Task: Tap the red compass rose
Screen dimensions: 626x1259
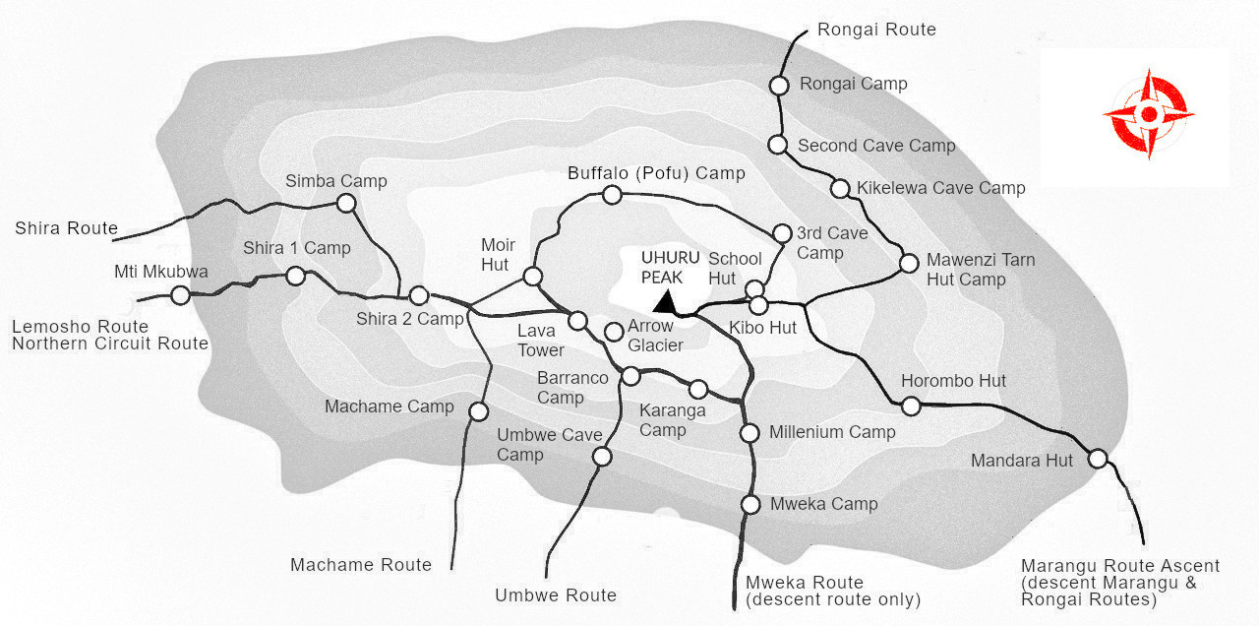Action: pyautogui.click(x=1148, y=115)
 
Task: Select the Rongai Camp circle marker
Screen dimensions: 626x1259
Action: pyautogui.click(x=779, y=86)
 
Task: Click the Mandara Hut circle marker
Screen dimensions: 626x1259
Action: pyautogui.click(x=1098, y=458)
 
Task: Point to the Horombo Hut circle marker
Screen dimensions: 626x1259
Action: pyautogui.click(x=911, y=406)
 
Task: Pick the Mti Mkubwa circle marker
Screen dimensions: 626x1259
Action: pyautogui.click(x=180, y=294)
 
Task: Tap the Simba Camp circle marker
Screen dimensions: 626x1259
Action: pyautogui.click(x=345, y=203)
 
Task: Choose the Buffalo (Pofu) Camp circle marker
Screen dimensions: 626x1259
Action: pyautogui.click(x=612, y=195)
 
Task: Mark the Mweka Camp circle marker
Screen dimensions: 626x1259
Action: pyautogui.click(x=750, y=505)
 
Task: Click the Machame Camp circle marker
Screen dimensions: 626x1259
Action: pyautogui.click(x=479, y=411)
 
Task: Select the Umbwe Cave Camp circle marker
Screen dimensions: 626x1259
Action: pyautogui.click(x=602, y=456)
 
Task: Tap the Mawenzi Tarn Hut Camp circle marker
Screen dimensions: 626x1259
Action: pyautogui.click(x=910, y=263)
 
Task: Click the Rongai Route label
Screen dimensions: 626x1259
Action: pyautogui.click(x=876, y=30)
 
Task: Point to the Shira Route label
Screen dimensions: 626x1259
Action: pyautogui.click(x=66, y=228)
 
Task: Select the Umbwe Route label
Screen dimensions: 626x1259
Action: pyautogui.click(x=555, y=595)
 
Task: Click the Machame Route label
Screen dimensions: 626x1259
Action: pyautogui.click(x=361, y=565)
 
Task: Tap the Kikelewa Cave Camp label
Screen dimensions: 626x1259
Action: pyautogui.click(x=940, y=187)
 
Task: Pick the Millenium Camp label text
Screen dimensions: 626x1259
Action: pyautogui.click(x=832, y=432)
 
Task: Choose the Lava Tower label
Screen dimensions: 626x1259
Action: pyautogui.click(x=541, y=341)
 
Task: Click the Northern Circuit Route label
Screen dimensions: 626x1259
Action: pyautogui.click(x=110, y=344)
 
